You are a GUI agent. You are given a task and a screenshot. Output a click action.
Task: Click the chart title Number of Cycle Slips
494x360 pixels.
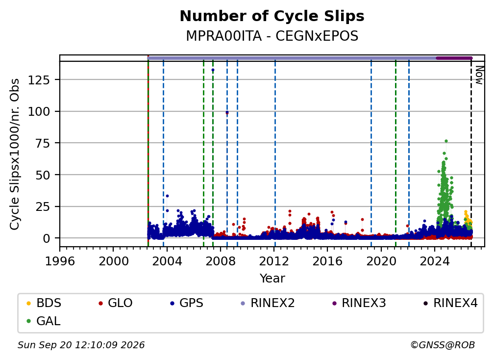coord(272,16)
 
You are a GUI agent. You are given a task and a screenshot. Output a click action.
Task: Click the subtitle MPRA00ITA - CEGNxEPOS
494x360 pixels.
coord(272,36)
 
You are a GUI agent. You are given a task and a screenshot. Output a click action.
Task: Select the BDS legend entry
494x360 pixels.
coord(44,303)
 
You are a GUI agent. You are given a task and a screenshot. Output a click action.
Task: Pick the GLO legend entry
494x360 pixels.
coord(115,303)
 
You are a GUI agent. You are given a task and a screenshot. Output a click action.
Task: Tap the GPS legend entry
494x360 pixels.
coord(187,303)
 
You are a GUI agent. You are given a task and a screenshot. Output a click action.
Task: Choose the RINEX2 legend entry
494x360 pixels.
coord(268,303)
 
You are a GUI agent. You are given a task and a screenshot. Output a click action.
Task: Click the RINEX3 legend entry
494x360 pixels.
coord(359,303)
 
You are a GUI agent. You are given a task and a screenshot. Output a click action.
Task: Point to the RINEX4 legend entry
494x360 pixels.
coord(450,303)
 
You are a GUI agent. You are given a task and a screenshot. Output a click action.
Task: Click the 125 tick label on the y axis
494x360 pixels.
coord(39,80)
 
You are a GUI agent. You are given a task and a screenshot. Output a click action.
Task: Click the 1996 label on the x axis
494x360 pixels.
coord(60,261)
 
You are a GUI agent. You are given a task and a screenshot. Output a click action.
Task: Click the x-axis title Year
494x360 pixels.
coord(272,279)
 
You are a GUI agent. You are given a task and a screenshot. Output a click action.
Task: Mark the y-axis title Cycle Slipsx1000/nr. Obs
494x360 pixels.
coord(15,154)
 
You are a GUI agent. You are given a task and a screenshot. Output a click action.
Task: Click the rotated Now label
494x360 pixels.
coord(479,75)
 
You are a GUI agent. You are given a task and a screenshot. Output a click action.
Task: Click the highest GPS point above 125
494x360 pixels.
coord(213,70)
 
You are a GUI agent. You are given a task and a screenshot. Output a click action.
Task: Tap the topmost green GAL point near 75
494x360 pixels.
coord(446,141)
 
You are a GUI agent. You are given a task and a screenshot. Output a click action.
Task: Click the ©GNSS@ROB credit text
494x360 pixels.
coord(443,345)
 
